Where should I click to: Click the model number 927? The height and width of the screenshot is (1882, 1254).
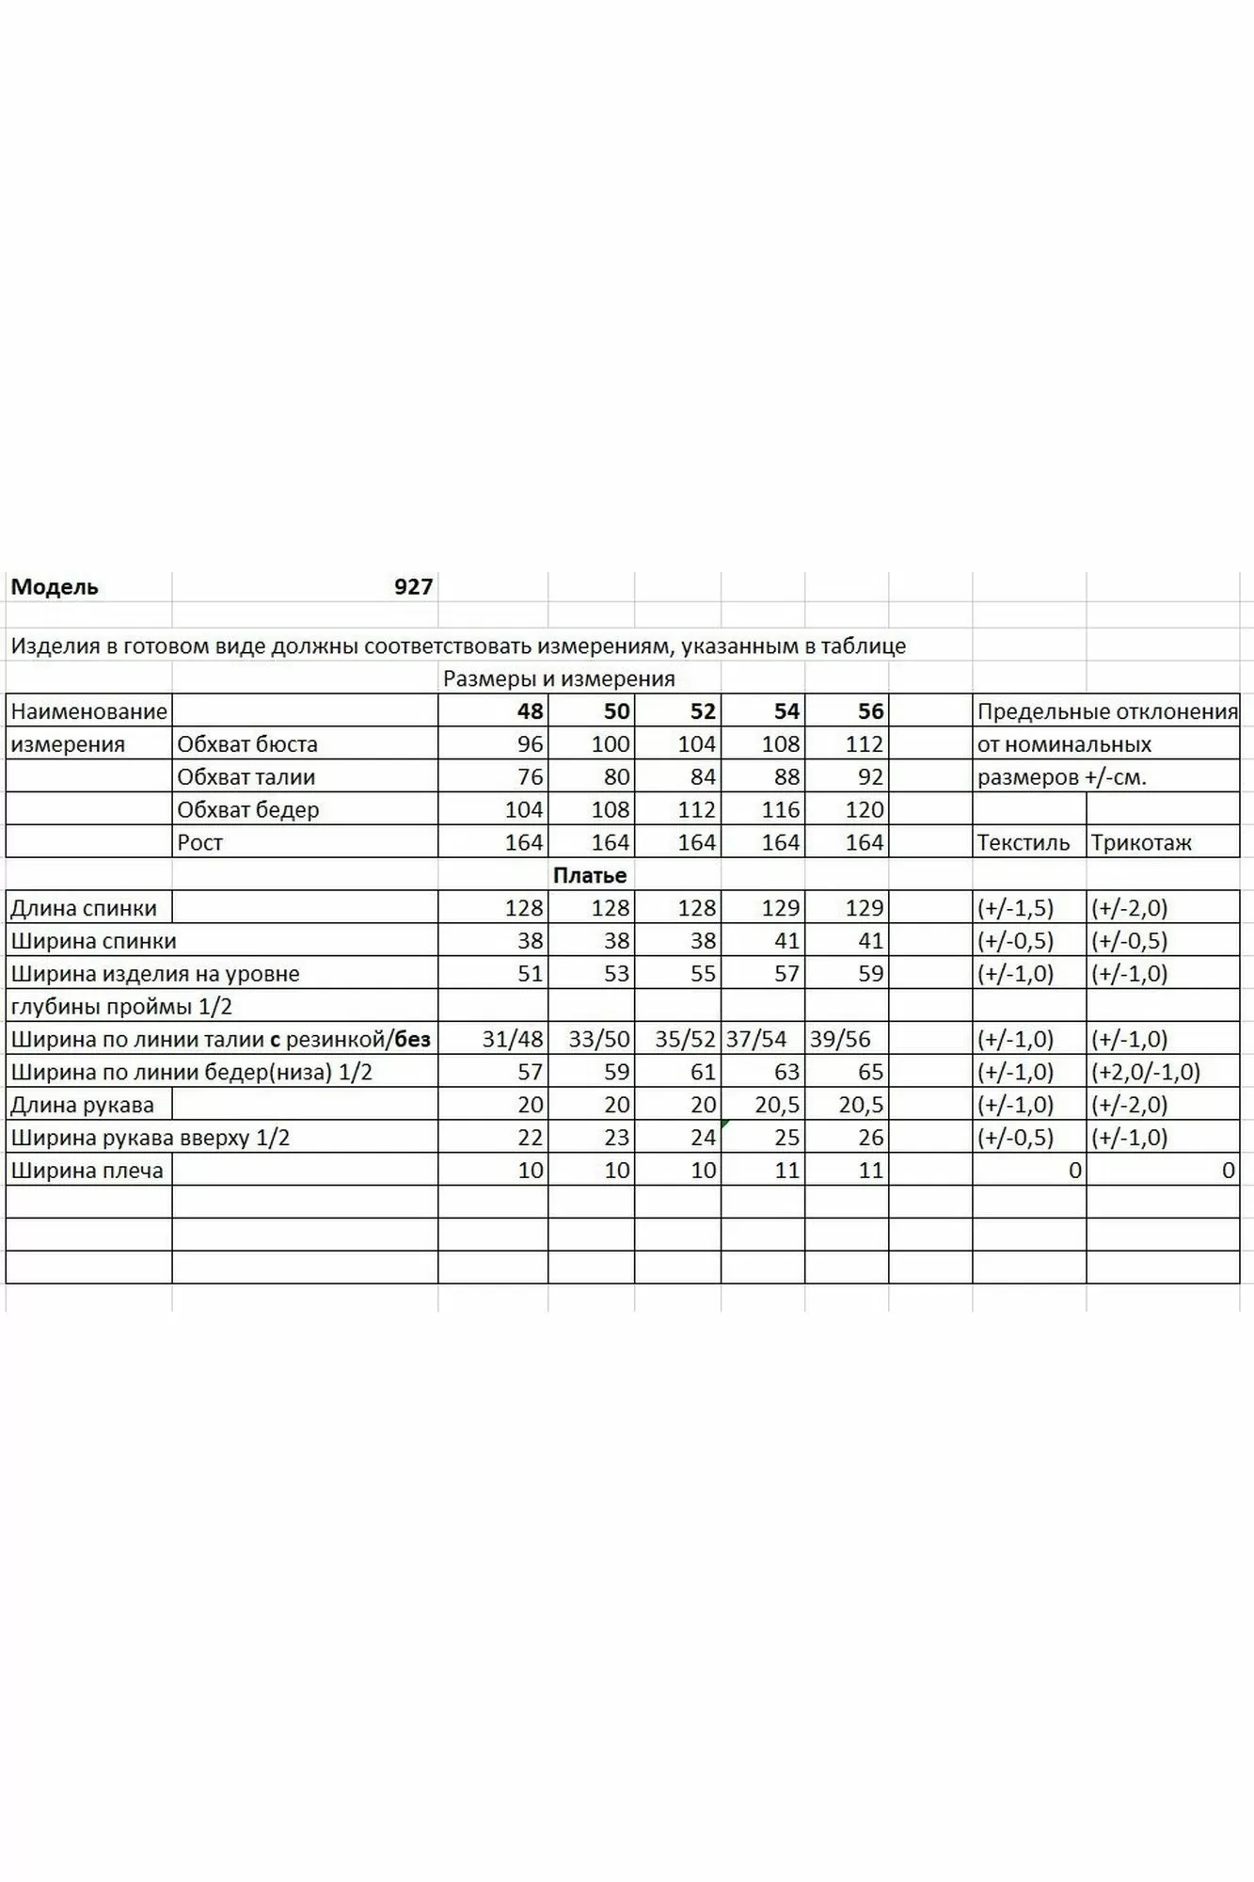point(413,587)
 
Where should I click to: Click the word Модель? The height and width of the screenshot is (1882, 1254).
point(55,587)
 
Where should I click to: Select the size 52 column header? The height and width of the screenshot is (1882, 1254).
point(703,711)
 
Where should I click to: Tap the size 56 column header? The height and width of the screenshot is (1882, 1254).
point(870,711)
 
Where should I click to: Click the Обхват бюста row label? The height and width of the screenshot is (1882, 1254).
point(247,744)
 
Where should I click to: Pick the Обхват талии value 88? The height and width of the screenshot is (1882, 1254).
point(786,777)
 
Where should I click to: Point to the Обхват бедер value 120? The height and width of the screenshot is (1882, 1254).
point(864,810)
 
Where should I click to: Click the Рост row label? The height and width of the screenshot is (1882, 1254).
point(200,842)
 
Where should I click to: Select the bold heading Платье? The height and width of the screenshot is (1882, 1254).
point(590,875)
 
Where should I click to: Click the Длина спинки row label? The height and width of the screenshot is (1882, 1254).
point(84,908)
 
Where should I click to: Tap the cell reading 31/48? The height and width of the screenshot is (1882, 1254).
point(513,1039)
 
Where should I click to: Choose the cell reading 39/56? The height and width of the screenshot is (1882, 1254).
point(840,1039)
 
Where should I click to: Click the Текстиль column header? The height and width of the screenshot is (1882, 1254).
point(1023,842)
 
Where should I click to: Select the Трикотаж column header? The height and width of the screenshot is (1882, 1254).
point(1141,842)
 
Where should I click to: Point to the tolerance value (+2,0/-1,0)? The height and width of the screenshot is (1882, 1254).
point(1146,1072)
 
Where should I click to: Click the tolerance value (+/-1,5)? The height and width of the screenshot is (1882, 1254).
point(1015,908)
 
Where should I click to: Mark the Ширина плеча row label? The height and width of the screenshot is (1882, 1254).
point(87,1171)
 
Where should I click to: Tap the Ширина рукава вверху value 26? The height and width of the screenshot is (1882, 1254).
point(870,1138)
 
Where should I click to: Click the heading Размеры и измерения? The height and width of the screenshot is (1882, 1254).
point(559,678)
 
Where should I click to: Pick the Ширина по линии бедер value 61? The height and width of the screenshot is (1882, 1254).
point(703,1072)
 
